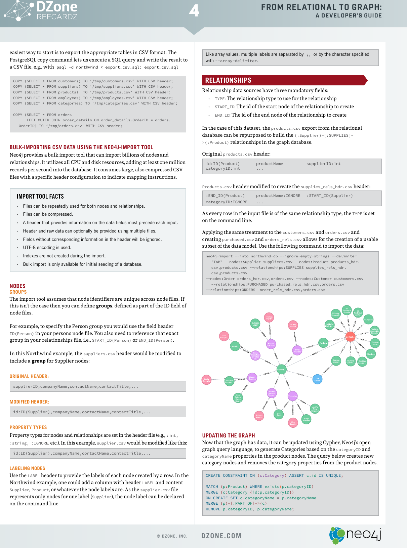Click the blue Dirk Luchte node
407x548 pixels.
pos(317,379)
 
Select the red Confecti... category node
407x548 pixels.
pos(350,337)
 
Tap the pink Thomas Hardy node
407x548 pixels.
pos(269,318)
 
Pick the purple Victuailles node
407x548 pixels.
pos(292,396)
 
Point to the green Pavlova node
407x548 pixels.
pos(323,343)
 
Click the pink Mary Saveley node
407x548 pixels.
pos(293,423)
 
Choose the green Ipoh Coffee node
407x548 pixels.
pos(279,415)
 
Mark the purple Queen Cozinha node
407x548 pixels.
pos(252,378)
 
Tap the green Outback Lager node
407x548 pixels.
pos(255,324)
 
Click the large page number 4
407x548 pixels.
pos(194,11)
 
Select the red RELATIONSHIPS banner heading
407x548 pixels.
pos(229,80)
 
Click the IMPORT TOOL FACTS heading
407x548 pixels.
pos(40,197)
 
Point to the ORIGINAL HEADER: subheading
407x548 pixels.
pos(29,376)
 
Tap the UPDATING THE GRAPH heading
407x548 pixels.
pos(229,435)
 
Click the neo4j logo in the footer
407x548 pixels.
pos(355,535)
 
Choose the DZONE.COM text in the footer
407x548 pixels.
pos(221,536)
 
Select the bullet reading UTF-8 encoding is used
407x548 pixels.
pos(47,248)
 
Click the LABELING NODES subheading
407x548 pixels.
pos(27,468)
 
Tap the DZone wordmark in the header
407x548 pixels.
pos(57,7)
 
